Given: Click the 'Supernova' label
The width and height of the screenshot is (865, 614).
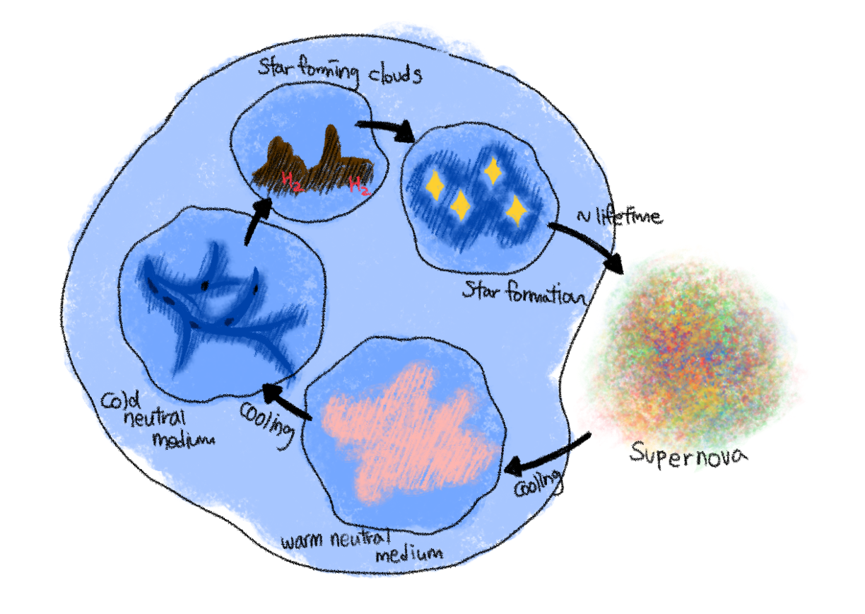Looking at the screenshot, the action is click(688, 455).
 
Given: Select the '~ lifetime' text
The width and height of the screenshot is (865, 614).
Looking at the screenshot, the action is click(620, 217).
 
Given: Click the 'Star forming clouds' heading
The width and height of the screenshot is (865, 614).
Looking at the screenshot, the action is click(340, 72).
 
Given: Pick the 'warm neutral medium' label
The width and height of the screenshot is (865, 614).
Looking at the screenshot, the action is click(361, 546).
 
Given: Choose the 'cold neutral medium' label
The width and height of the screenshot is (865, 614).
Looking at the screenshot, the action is click(156, 422).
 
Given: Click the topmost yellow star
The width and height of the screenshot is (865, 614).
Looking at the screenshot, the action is click(493, 170).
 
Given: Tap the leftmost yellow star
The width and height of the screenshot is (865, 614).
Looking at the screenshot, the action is click(435, 185).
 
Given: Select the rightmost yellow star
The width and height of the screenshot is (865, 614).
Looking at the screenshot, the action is click(517, 211).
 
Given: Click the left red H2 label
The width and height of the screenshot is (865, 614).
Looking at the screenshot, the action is click(291, 181).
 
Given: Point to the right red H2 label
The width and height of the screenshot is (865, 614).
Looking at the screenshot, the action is click(360, 185).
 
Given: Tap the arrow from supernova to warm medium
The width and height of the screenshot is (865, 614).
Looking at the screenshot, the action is click(546, 455).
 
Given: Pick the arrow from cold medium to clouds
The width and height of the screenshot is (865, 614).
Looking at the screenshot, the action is click(257, 221).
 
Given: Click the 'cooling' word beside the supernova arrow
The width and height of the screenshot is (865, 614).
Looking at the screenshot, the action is click(538, 483).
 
